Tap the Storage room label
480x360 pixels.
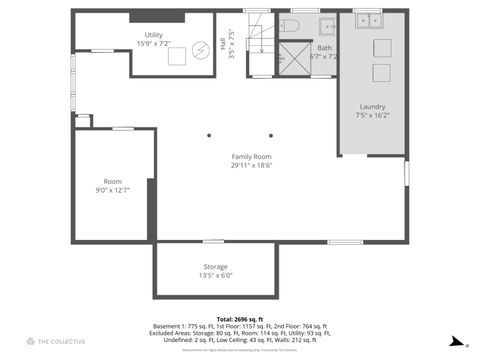point(215,271)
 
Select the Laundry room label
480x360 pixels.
point(372,111)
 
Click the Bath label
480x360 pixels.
point(325,52)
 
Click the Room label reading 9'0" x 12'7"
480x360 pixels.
point(112,186)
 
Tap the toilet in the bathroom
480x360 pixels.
point(283,27)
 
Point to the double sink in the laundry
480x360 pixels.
point(369,19)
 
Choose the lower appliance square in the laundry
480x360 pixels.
point(381,72)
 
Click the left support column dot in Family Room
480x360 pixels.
point(209,135)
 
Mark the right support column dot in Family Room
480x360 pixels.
point(270,135)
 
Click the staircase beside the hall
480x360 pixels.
point(260,40)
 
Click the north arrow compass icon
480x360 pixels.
point(454,341)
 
